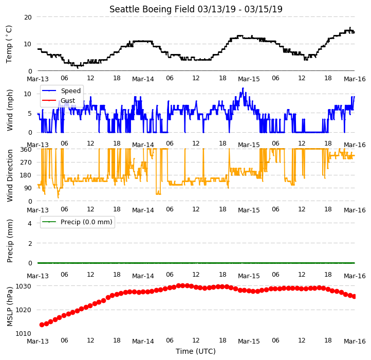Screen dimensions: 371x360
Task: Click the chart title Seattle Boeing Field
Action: tap(152, 9)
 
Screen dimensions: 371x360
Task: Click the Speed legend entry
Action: tap(61, 91)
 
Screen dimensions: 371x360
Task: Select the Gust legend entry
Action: tap(59, 100)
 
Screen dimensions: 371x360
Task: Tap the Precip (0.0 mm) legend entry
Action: tap(77, 222)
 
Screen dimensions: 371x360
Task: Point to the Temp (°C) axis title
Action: tap(9, 44)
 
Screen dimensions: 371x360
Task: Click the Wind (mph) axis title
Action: tap(9, 110)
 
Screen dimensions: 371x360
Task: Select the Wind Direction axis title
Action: tap(10, 175)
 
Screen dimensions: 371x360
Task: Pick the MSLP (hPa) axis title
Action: tap(9, 307)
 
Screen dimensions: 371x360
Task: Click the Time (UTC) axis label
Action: tap(196, 351)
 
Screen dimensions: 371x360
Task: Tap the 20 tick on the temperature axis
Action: tap(28, 17)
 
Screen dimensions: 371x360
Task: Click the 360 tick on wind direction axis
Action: tap(26, 150)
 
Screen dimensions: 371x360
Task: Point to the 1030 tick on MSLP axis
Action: tap(24, 286)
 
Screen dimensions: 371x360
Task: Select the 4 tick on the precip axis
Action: tap(30, 223)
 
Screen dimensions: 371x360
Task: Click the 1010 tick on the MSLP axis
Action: tap(24, 334)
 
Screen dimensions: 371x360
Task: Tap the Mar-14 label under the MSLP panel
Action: tap(143, 341)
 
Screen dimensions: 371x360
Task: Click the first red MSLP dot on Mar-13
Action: tap(42, 325)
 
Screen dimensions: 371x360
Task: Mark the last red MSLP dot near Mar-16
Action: tap(354, 296)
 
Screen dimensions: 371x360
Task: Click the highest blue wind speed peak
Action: tap(243, 88)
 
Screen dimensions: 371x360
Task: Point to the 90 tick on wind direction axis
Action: tap(28, 188)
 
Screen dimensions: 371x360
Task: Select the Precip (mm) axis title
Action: tap(9, 241)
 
